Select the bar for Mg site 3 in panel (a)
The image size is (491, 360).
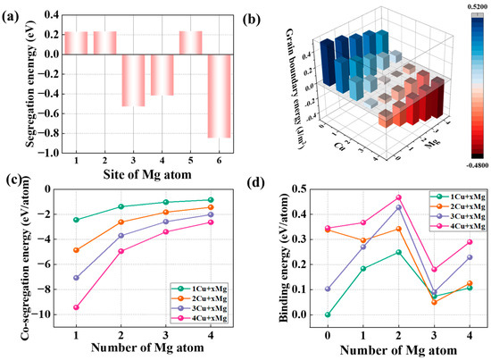132,80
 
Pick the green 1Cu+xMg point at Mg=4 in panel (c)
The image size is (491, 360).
211,200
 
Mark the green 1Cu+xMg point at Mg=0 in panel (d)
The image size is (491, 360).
303,314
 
